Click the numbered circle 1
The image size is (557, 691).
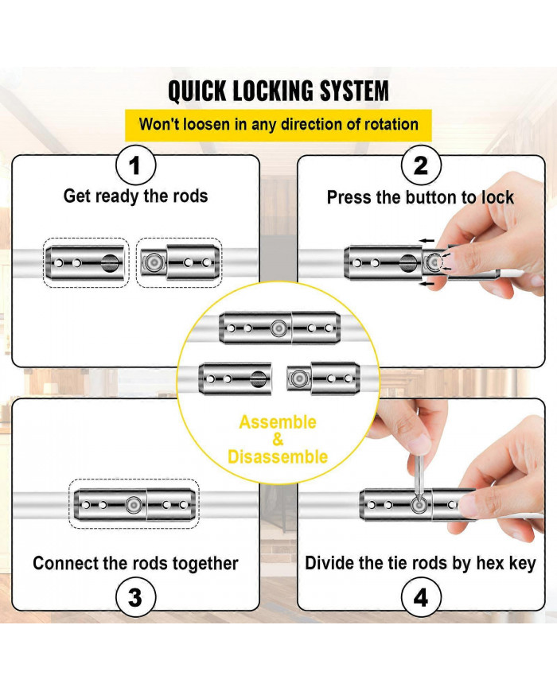click(134, 166)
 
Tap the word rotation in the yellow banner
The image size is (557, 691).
click(388, 124)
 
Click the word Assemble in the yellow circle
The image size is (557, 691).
click(278, 422)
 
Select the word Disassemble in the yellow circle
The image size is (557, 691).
click(278, 456)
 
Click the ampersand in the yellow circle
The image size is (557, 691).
click(278, 440)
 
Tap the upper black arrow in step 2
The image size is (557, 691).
click(427, 239)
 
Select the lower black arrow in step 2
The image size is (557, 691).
click(427, 281)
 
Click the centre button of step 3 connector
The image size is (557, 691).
click(134, 504)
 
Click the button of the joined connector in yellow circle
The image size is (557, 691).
click(278, 328)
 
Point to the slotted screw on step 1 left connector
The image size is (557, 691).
click(109, 262)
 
